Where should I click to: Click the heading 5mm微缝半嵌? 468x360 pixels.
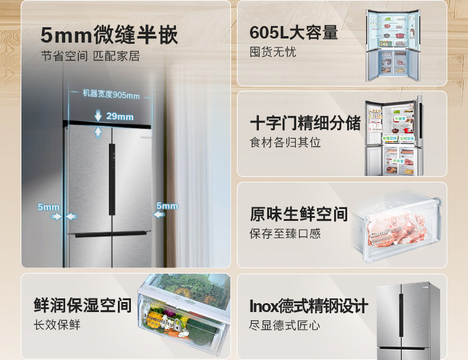109,35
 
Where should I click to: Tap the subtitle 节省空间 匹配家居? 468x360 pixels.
90,57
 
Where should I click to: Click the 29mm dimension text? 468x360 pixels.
120,116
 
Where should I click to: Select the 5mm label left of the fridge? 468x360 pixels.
49,207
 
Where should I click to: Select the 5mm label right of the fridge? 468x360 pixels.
166,205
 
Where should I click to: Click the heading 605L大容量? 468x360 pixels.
294,32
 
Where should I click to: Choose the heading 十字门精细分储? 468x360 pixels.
305,123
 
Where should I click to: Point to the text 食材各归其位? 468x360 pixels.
285,143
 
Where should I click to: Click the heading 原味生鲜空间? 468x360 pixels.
299,214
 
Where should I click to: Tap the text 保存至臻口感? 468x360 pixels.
285,233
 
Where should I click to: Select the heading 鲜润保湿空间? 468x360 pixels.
82,305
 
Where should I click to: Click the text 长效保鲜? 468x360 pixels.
57,325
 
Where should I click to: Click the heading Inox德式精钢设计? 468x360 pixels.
309,306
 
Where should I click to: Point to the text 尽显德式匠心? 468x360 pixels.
285,325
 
